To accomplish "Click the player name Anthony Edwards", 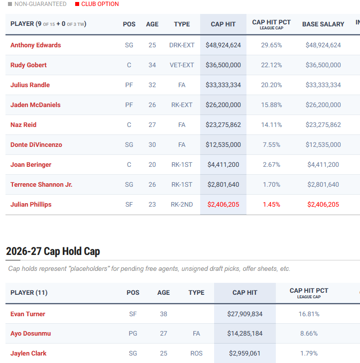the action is point(36,45).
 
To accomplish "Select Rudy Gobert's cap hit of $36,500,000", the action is point(223,65).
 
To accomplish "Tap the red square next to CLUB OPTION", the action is point(77,4).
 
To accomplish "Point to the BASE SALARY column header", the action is point(323,24).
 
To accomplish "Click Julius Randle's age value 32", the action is point(152,85).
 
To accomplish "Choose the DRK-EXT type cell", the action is point(182,45).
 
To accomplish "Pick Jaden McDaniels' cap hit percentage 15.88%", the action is point(271,105).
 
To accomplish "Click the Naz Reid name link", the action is point(23,125).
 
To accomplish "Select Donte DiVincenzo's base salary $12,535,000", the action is point(323,145).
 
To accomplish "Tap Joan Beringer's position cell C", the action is point(129,165).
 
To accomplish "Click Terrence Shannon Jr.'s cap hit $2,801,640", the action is point(223,185).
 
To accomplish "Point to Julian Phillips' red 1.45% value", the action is point(271,205).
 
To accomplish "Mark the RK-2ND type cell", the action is point(182,205).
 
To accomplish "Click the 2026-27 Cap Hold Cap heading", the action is point(53,251).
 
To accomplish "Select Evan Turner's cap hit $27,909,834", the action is point(244,314).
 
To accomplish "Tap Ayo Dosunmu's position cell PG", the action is point(133,333).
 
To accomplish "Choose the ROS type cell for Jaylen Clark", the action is point(196,353).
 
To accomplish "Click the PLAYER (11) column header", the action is point(29,293).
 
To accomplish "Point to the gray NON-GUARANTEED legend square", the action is point(10,4).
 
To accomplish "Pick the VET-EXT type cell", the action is point(182,65).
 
